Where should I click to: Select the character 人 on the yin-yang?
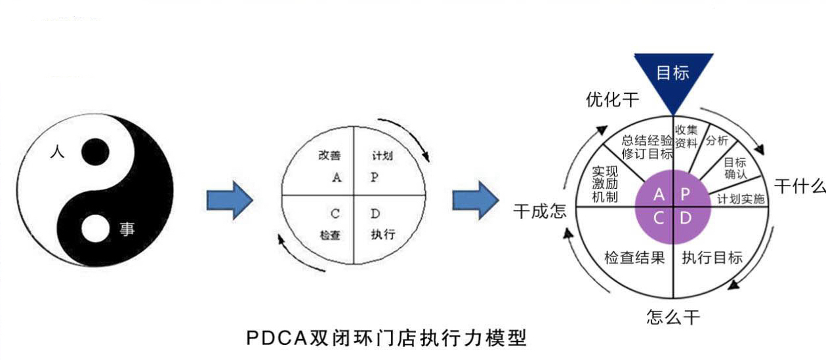tap(57, 151)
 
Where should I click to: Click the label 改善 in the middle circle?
tap(329, 155)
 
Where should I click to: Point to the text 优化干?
tap(612, 100)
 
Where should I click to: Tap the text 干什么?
tap(799, 186)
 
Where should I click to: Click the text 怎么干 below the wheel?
tap(673, 318)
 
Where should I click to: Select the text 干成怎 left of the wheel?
tap(539, 212)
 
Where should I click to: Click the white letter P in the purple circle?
tap(685, 194)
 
